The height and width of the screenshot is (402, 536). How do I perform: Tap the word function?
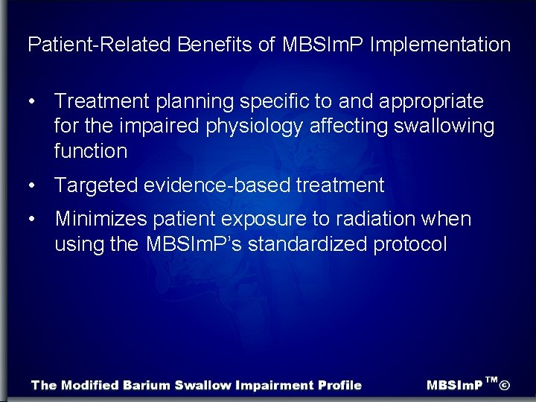[91, 151]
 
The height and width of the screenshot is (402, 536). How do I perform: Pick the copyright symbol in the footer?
[504, 385]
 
